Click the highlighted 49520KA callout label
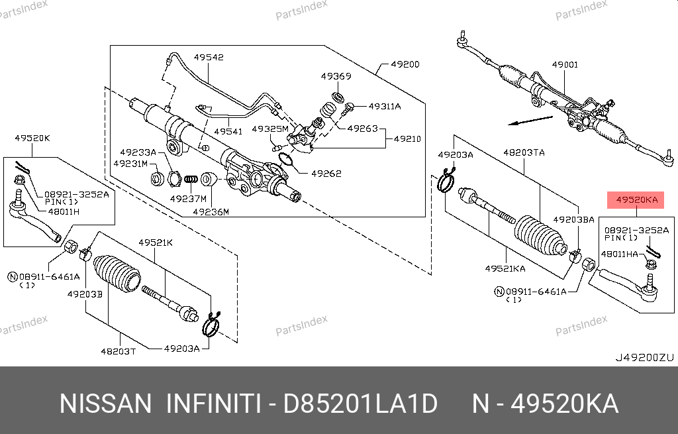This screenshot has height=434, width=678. pyautogui.click(x=636, y=199)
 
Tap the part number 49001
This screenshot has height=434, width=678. pyautogui.click(x=565, y=65)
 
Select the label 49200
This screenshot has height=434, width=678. pyautogui.click(x=405, y=65)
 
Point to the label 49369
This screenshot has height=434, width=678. pyautogui.click(x=336, y=77)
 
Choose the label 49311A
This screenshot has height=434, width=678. pyautogui.click(x=385, y=106)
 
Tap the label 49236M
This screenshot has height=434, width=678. pyautogui.click(x=211, y=212)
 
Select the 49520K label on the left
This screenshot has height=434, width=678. pyautogui.click(x=32, y=138)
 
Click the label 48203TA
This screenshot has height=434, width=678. pyautogui.click(x=524, y=152)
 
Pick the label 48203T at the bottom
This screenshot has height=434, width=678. pyautogui.click(x=119, y=351)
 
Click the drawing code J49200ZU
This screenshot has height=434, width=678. pyautogui.click(x=644, y=357)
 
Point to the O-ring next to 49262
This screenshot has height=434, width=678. pyautogui.click(x=286, y=160)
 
